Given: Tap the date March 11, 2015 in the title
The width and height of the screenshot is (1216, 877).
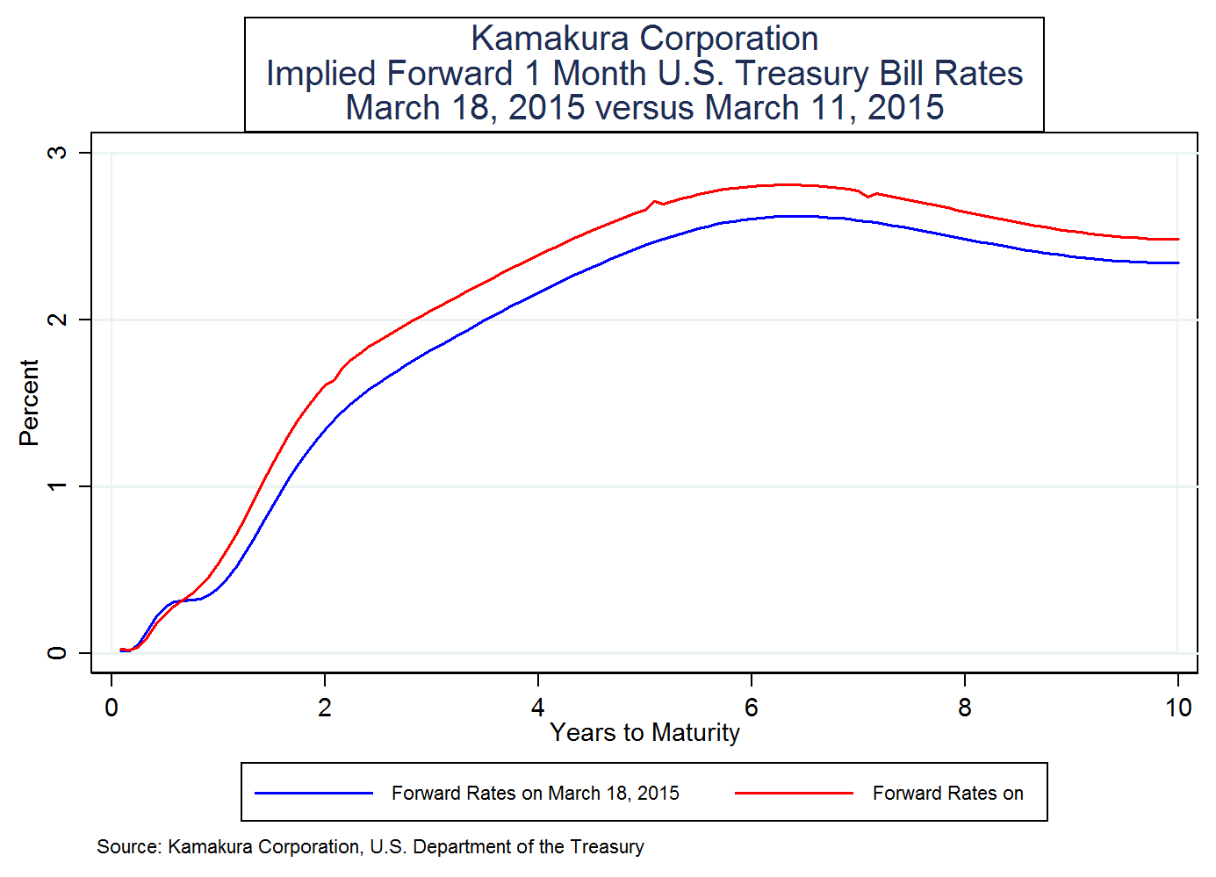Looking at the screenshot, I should [x=824, y=108].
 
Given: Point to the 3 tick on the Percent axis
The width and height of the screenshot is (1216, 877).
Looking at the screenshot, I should [x=57, y=153].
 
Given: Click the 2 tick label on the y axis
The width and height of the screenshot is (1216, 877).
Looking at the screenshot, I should [x=57, y=320].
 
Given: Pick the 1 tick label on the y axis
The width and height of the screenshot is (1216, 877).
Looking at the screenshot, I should [x=57, y=486].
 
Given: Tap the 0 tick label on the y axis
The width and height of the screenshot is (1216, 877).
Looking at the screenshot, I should [x=57, y=653].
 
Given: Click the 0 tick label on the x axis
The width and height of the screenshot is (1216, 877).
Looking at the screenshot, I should [x=112, y=708].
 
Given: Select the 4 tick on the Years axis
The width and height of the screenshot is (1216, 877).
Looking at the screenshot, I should [x=538, y=708].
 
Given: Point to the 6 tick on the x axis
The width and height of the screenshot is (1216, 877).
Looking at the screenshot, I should [x=752, y=708].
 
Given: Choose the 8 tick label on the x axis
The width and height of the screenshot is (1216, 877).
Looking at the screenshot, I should [x=965, y=708].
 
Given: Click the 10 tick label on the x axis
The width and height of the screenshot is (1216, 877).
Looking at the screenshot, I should [x=1177, y=708].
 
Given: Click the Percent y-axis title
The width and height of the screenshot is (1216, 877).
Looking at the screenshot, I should [x=29, y=403].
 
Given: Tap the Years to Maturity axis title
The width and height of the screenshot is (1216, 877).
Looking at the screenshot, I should [x=644, y=733].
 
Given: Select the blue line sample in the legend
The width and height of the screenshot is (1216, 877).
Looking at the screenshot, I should [x=313, y=794].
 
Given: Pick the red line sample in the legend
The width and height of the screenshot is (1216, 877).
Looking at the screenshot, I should [x=794, y=794].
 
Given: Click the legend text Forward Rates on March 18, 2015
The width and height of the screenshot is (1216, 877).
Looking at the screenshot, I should [x=535, y=794].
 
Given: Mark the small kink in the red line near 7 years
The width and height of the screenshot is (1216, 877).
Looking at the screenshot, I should [x=867, y=196].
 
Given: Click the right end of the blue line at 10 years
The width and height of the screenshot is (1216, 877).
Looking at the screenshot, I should [x=1177, y=262].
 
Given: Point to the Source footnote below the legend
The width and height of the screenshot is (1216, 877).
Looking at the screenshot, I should [x=370, y=847].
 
